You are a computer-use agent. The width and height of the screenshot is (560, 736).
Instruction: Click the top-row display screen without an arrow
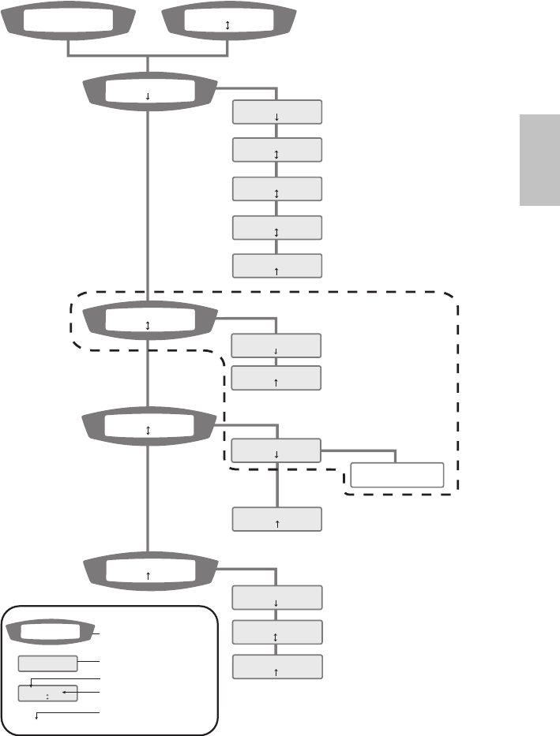(69, 23)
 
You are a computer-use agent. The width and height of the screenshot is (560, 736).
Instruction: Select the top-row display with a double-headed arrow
(228, 23)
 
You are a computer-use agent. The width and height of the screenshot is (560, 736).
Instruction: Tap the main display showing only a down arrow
(148, 92)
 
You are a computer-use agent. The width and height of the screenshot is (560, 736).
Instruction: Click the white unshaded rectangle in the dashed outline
(397, 475)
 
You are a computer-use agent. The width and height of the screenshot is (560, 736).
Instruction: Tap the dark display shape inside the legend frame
(51, 632)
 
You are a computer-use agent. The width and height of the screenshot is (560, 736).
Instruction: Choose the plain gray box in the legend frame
(47, 663)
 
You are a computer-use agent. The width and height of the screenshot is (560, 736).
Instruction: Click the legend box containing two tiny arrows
(47, 694)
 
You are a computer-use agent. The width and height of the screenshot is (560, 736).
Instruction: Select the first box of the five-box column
(276, 112)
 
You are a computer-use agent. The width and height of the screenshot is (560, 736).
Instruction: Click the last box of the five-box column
(276, 266)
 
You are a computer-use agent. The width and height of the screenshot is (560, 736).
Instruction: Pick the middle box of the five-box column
(276, 189)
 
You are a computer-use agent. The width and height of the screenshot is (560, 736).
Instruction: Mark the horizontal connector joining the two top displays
(148, 55)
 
